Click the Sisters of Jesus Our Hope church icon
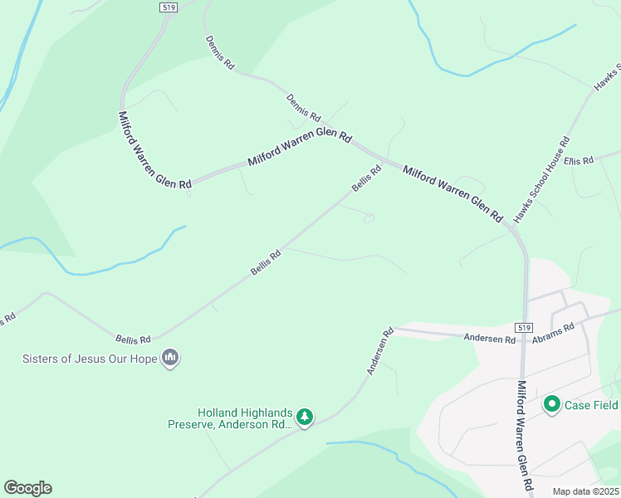point(171,359)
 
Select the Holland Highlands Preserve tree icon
point(306,417)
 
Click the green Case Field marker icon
point(551,404)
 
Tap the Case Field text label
point(591,405)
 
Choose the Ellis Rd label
point(579,159)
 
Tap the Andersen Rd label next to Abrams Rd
point(490,338)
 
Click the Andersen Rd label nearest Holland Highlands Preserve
point(379,352)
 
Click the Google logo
point(27,488)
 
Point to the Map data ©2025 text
point(584,491)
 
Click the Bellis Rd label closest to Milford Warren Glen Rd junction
point(365,178)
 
